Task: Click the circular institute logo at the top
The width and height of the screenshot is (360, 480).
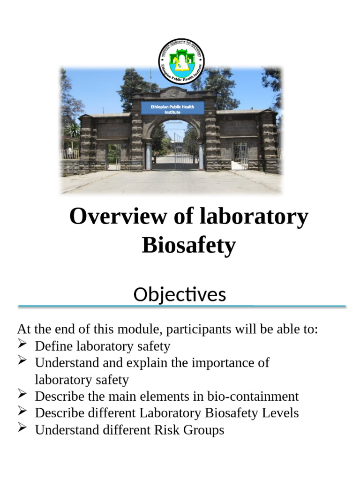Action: (181, 61)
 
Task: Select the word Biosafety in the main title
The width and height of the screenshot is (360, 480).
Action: (188, 245)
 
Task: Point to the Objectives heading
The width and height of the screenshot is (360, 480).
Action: (180, 295)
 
